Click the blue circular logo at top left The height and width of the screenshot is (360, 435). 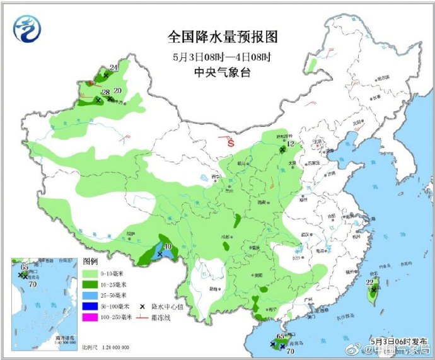[28, 30]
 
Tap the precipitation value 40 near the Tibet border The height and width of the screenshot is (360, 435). [168, 247]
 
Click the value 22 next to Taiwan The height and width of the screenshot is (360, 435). [370, 282]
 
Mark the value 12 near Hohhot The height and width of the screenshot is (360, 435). [291, 144]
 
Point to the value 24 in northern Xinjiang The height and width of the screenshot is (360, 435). [113, 67]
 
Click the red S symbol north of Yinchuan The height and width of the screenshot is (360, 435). [231, 143]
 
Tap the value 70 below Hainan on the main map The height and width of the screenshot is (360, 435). [291, 351]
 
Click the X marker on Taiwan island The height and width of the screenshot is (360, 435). [373, 291]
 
